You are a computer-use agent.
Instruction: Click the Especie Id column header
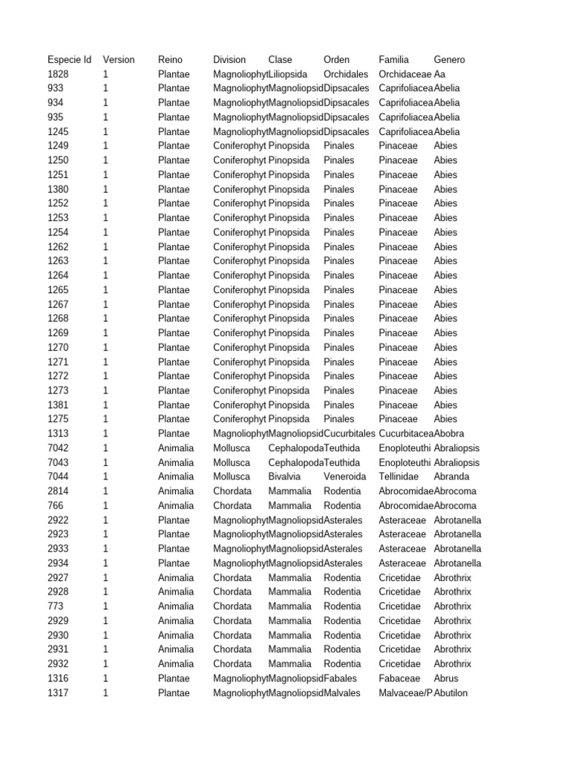[x=70, y=59]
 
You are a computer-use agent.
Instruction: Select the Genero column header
[x=450, y=59]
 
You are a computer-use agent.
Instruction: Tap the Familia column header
[x=394, y=59]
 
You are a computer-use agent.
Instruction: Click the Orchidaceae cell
[x=405, y=74]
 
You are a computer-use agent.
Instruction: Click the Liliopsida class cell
[x=288, y=74]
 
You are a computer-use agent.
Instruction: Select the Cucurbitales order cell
[x=350, y=433]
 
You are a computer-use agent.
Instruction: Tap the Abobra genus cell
[x=451, y=433]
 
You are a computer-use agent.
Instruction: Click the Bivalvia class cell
[x=285, y=476]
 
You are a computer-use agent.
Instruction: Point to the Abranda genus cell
[x=452, y=476]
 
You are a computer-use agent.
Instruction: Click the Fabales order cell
[x=341, y=678]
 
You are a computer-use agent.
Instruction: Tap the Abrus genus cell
[x=446, y=678]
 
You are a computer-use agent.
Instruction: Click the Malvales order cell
[x=342, y=693]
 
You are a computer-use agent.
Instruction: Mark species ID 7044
[x=59, y=476]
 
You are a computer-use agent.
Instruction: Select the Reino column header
[x=171, y=59]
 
